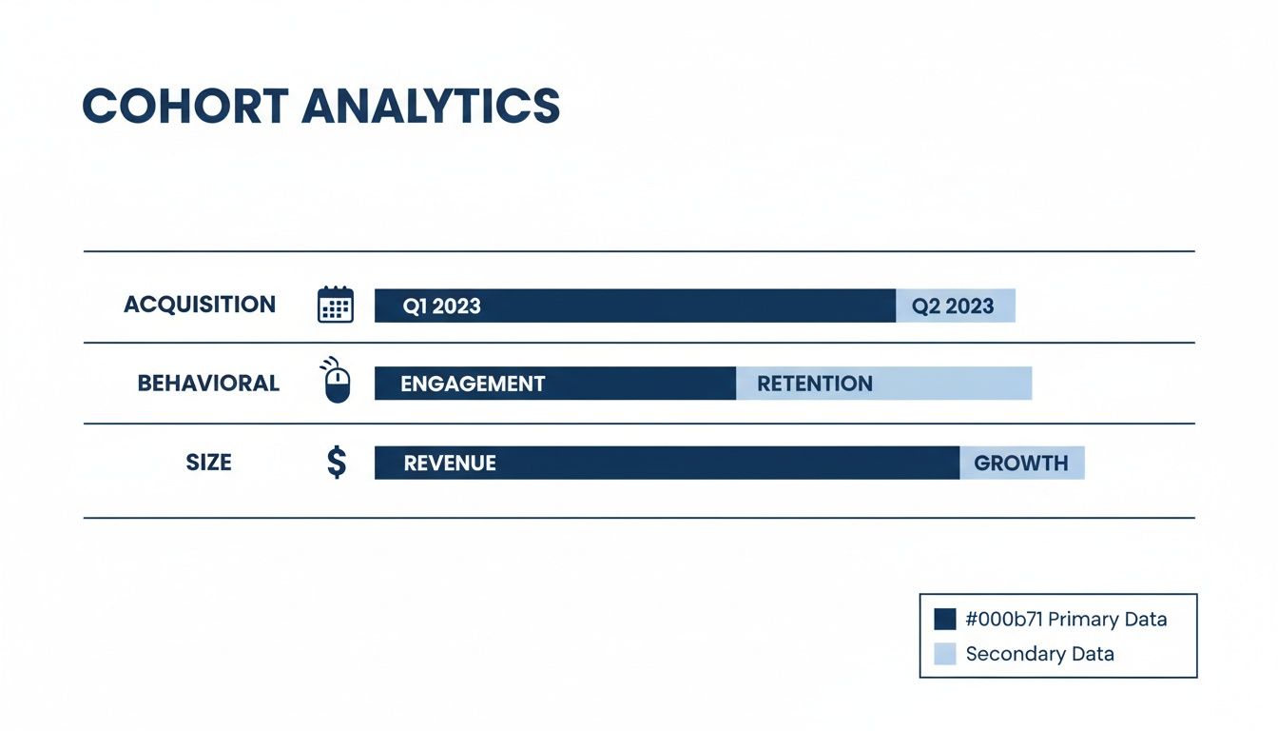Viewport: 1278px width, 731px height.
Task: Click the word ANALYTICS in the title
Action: [431, 106]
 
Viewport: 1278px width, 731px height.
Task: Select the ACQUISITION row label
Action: [200, 305]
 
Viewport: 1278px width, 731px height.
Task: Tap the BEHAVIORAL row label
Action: [208, 384]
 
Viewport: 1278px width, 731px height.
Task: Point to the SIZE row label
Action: [208, 463]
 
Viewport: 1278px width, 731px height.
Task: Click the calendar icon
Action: [335, 305]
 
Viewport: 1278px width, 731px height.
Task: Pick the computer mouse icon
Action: [336, 383]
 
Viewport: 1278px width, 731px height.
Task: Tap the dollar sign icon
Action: [336, 463]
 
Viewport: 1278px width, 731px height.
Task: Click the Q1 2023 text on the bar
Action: [441, 306]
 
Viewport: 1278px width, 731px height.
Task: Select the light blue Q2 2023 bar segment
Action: [955, 306]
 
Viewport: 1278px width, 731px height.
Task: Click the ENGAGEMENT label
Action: [473, 384]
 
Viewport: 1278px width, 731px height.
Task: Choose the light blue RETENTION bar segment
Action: [882, 384]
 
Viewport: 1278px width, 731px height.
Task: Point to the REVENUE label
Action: [450, 464]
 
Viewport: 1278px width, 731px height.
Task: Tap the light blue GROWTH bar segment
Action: [1021, 464]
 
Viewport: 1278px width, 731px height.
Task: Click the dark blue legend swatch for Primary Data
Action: [944, 620]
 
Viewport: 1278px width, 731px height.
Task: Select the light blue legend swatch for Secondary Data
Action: [944, 654]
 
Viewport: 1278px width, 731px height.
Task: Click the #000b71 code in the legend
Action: [1004, 620]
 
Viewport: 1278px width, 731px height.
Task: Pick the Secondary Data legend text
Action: [1039, 654]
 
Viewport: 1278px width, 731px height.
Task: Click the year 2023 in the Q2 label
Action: [970, 306]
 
